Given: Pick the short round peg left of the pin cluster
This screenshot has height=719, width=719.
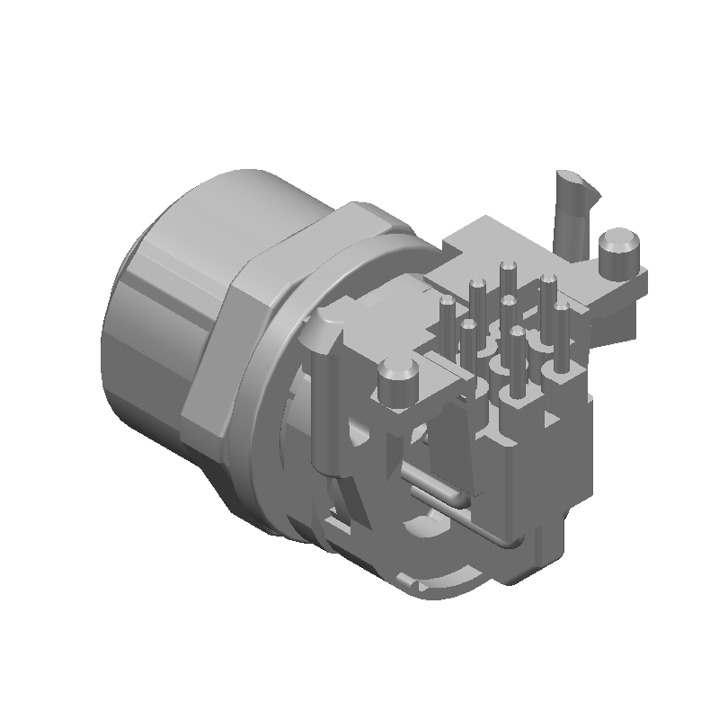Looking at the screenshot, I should coord(395,382).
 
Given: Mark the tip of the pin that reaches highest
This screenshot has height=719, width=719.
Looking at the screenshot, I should coord(507,267).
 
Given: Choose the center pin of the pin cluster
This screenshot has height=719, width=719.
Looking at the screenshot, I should coord(509,310).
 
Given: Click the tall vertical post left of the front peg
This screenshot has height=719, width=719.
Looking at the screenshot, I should coord(324,395).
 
